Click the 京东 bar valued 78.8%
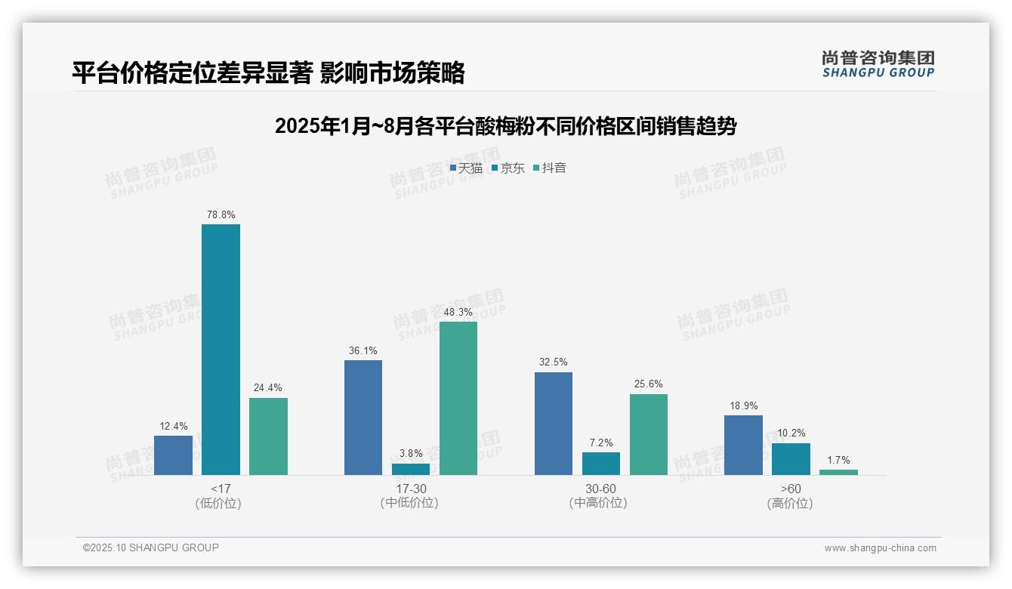(221, 349)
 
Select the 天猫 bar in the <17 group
(173, 455)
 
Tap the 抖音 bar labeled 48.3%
(458, 398)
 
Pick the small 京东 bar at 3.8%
(411, 469)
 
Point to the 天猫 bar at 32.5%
(554, 423)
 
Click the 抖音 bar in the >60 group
(838, 472)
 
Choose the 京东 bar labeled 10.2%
(791, 459)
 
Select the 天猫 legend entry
(466, 168)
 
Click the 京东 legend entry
(508, 168)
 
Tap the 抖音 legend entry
(550, 168)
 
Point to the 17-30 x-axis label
(411, 489)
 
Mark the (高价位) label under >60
(790, 504)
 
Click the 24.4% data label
(268, 388)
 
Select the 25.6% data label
(649, 384)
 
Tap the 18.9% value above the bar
(744, 406)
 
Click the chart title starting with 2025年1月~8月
(505, 126)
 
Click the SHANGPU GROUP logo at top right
(878, 64)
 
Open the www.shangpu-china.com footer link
(880, 548)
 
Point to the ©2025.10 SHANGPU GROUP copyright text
(151, 547)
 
